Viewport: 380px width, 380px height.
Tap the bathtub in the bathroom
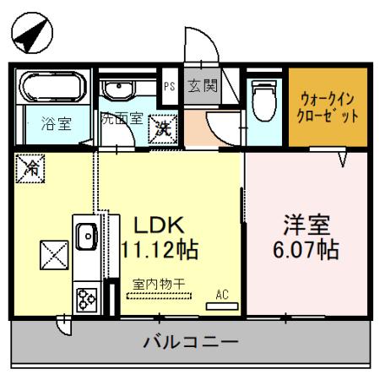point(53,88)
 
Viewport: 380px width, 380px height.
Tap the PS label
point(169,85)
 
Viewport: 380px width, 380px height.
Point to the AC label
point(223,295)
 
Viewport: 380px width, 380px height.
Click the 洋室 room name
point(304,226)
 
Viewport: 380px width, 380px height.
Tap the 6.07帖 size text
point(306,251)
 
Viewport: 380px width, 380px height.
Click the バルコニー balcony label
point(190,344)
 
